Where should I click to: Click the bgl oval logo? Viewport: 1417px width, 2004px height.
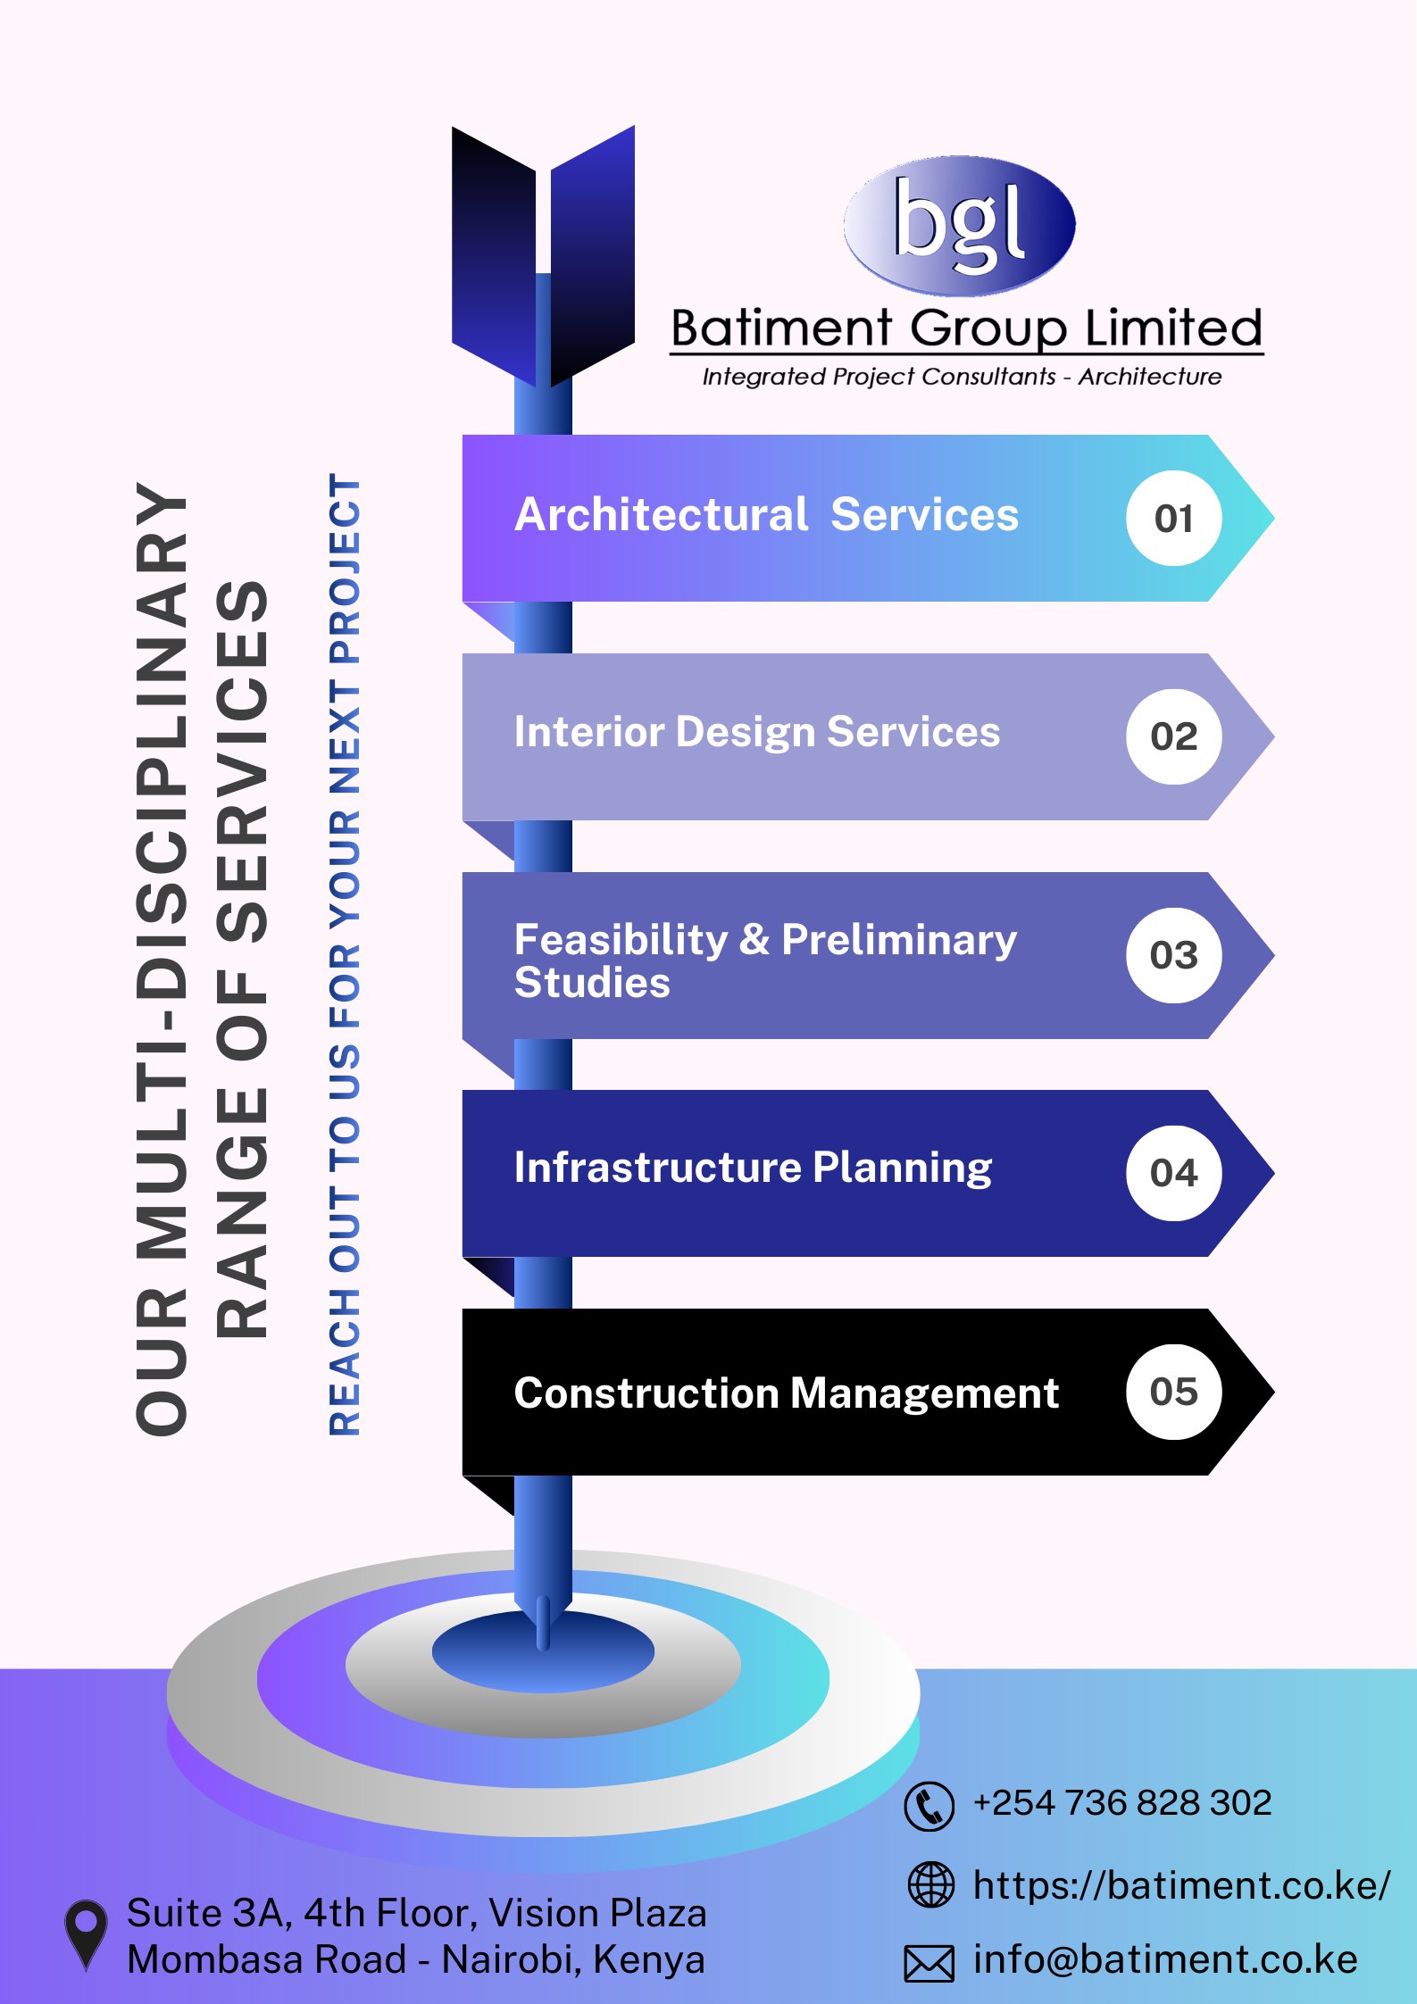(959, 225)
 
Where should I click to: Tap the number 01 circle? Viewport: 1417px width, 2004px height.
(1173, 519)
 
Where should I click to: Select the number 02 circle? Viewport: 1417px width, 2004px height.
(1173, 736)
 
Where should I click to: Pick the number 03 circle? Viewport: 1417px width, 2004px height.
(1173, 955)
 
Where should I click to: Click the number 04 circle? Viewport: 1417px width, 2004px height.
(1173, 1173)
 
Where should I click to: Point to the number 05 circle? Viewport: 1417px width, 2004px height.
(1173, 1392)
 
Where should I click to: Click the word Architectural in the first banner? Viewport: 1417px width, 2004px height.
(662, 515)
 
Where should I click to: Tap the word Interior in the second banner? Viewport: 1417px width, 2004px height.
(589, 732)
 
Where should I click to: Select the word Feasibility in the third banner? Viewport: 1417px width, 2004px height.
(621, 940)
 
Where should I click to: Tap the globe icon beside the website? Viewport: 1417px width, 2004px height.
(930, 1884)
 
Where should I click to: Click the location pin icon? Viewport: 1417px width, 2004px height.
(86, 1933)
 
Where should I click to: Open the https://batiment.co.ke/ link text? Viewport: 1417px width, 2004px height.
(1180, 1885)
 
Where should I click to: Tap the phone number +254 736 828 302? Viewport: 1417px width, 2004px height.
(1121, 1803)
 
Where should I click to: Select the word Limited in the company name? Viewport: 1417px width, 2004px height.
(1173, 328)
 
